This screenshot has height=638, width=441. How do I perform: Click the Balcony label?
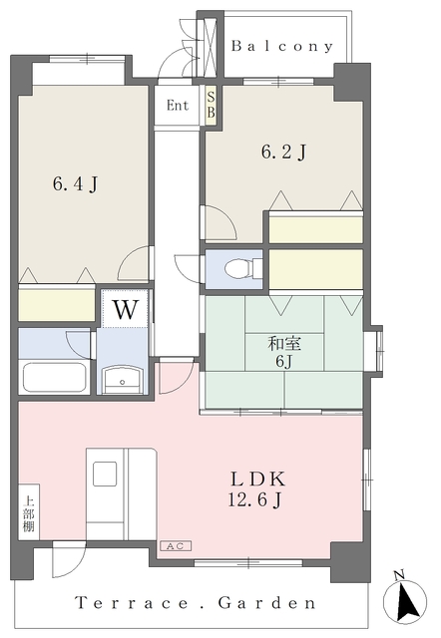(282, 46)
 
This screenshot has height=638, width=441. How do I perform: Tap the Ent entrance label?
(178, 106)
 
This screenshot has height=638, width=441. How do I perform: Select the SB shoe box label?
(211, 106)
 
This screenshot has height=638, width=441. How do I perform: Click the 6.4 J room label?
(75, 183)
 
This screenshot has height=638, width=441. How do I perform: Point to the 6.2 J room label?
(283, 153)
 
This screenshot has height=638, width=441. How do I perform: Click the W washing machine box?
(124, 309)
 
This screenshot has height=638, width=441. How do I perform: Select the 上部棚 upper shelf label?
(28, 512)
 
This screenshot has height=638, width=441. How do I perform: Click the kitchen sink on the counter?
(106, 474)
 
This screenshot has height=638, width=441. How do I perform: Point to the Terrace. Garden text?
(196, 603)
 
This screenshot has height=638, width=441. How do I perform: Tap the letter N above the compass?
(398, 574)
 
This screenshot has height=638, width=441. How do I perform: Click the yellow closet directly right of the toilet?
(315, 267)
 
